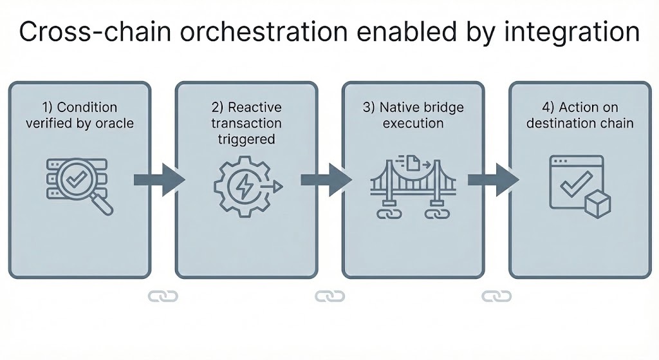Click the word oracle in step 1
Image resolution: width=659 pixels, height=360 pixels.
tap(114, 122)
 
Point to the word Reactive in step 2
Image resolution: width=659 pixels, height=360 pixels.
tap(255, 106)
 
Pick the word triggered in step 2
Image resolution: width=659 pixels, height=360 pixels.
tap(246, 138)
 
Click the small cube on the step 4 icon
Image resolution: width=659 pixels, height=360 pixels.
tap(598, 205)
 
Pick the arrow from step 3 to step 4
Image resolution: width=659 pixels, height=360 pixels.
tap(493, 178)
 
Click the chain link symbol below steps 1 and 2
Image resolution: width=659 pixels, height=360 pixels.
tap(163, 296)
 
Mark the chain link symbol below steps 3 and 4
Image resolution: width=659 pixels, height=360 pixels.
tap(496, 296)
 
